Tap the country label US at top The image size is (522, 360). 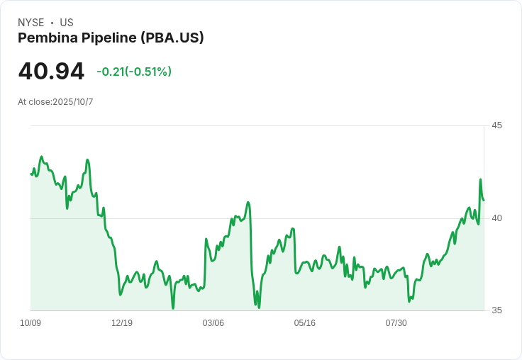tap(67, 23)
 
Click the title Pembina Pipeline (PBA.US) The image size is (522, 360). tap(111, 38)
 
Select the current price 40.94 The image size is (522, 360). tap(51, 71)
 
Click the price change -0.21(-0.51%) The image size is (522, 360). tap(134, 72)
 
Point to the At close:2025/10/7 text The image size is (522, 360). tap(55, 102)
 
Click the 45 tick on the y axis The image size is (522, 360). tap(496, 125)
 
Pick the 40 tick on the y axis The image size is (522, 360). tap(496, 218)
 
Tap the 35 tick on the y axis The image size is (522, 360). tap(496, 310)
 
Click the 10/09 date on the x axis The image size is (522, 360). tap(30, 323)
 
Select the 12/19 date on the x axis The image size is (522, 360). tap(122, 323)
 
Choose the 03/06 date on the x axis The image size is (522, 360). tap(213, 323)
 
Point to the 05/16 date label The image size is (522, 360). tap(304, 323)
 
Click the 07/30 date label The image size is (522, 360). tap(396, 323)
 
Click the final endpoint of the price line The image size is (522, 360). tap(484, 200)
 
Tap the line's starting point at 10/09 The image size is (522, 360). tap(31, 174)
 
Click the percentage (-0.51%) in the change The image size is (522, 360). tap(150, 72)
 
